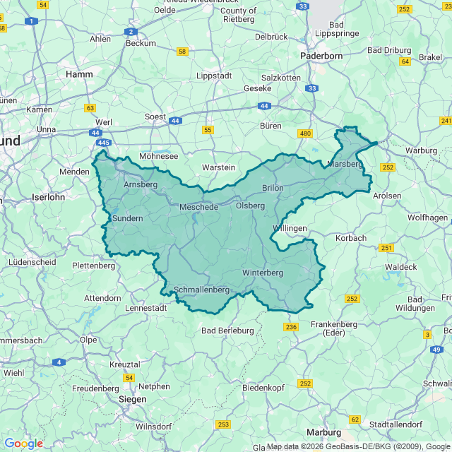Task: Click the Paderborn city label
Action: click(x=321, y=55)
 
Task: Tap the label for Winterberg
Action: click(x=262, y=273)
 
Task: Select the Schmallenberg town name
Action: click(x=201, y=290)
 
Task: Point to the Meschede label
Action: click(x=198, y=207)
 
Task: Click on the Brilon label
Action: click(x=273, y=188)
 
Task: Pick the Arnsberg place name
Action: click(x=141, y=184)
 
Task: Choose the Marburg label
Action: click(x=323, y=432)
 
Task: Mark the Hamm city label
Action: click(x=78, y=73)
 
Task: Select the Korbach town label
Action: click(x=351, y=238)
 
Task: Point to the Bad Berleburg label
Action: click(x=227, y=330)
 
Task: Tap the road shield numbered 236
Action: click(x=291, y=326)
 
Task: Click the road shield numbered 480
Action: click(x=305, y=133)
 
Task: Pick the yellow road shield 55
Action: click(x=207, y=129)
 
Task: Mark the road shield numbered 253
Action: click(x=224, y=424)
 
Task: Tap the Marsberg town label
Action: click(x=344, y=164)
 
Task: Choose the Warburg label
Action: click(x=421, y=150)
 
